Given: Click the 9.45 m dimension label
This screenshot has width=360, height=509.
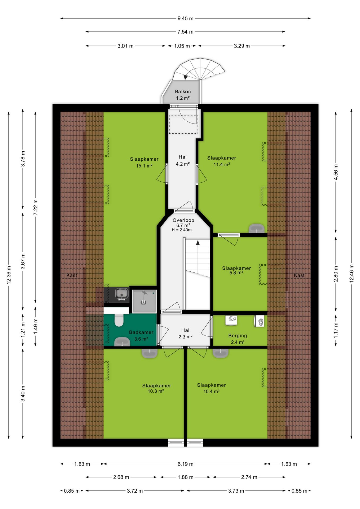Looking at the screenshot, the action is tap(185, 19).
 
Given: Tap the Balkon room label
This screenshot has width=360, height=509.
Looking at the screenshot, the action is tap(183, 91).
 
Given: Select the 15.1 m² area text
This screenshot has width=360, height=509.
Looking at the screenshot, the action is tap(144, 166).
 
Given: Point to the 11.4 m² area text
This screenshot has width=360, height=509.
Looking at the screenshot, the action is tap(222, 164).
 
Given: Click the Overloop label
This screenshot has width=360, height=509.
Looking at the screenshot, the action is tap(183, 220).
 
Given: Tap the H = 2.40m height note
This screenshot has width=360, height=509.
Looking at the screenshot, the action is tap(182, 230).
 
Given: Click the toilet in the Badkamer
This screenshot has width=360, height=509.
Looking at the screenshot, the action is tap(119, 320).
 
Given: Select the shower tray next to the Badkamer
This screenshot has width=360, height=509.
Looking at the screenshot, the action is tap(144, 301).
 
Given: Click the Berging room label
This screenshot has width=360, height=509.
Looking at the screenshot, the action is tap(238, 336).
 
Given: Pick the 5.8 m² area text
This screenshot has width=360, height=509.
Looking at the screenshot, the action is tap(236, 273).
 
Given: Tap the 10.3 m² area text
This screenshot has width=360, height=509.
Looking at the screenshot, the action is tap(156, 391).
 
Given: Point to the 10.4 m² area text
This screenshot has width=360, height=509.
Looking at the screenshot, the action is tap(211, 392).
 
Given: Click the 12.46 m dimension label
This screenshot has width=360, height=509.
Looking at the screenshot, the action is tap(352, 273).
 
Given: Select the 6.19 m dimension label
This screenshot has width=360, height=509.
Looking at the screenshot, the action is tap(185, 464).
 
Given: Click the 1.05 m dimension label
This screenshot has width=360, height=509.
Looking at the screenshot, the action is tap(182, 46).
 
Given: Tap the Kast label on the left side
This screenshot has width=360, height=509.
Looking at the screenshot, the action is tap(72, 275).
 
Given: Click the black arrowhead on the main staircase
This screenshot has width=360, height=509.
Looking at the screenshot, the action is tap(198, 242).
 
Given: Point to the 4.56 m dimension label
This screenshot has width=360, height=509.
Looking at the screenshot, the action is tap(336, 172).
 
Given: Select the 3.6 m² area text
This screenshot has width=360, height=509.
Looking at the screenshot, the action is tap(141, 339).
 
